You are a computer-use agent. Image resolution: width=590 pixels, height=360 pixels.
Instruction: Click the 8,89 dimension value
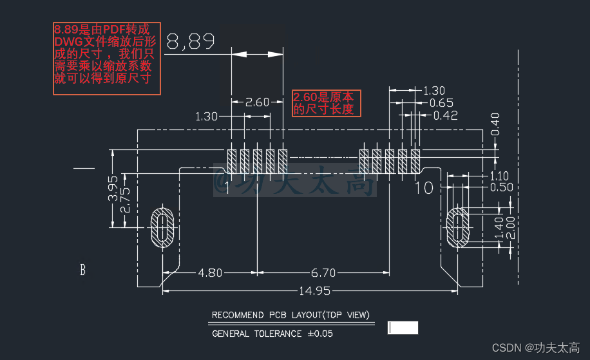tap(191, 41)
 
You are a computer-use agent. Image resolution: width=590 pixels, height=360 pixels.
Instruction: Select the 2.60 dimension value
tap(257, 102)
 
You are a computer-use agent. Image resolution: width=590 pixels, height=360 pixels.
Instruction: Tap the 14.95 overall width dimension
tap(314, 291)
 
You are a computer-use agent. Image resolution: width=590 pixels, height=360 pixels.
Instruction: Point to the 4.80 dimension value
tap(210, 272)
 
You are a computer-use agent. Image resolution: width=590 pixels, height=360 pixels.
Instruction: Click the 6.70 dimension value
tap(323, 272)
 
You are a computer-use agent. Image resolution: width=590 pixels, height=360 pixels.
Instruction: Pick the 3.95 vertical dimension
tap(113, 189)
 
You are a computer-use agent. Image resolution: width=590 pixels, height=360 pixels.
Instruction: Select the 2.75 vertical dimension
tap(125, 200)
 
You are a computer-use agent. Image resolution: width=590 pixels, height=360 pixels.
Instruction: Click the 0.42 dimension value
tap(446, 115)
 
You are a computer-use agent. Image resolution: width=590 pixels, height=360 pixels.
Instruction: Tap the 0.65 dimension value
tap(441, 103)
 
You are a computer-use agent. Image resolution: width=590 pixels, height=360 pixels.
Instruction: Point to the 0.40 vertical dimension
tap(495, 124)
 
